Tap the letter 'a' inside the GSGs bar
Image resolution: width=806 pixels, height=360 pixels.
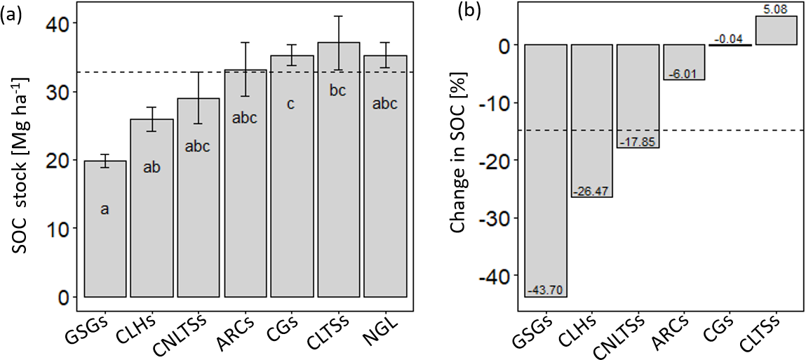(105, 208)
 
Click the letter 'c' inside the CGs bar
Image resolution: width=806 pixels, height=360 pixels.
(290, 104)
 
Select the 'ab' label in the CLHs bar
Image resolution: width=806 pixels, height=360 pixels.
(152, 167)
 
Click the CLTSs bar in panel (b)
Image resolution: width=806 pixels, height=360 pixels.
(776, 30)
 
